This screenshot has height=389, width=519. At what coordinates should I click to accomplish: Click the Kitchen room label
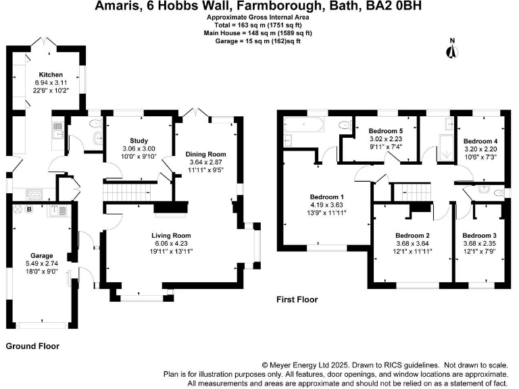51,75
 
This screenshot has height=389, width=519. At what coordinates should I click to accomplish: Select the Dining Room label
206,154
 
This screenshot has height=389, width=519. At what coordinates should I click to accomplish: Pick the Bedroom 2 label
413,236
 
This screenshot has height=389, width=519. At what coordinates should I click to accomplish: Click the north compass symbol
452,51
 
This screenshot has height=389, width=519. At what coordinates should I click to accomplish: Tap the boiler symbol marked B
29,209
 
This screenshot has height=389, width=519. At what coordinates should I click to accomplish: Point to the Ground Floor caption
32,346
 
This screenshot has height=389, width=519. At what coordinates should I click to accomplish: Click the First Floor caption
297,299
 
